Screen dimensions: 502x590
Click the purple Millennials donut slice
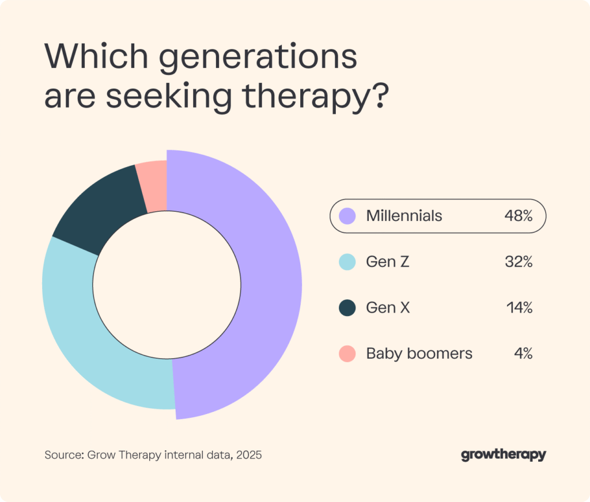pos(271,282)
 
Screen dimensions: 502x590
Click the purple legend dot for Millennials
pos(348,216)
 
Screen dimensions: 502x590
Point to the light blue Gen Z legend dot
pos(348,262)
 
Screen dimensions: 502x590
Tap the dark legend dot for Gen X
pos(348,308)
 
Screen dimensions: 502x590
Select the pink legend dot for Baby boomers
pos(348,353)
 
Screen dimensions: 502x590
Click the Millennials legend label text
pos(404,216)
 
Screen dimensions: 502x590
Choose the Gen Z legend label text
pos(388,262)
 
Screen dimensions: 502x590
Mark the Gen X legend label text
pos(388,308)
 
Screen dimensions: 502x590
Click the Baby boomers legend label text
pos(419,353)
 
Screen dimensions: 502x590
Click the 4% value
pos(523,353)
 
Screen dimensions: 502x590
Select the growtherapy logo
pos(503,455)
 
